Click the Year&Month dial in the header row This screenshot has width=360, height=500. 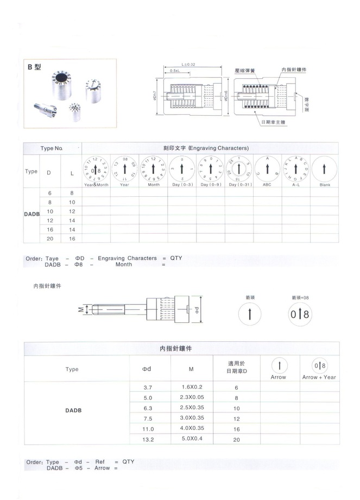pos(96,169)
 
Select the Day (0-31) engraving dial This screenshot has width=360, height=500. pos(238,169)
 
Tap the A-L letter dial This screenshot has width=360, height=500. pos(296,169)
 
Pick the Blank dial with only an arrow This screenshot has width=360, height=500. pos(325,169)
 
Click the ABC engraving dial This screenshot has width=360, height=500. pos(267,169)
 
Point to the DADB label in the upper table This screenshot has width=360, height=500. pos(32,214)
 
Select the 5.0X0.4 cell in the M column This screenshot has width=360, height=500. pos(192,439)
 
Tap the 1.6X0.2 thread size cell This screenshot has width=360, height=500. pos(192,387)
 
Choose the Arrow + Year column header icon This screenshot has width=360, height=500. pos(319,366)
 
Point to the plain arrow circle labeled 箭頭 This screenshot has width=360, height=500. pos(250,314)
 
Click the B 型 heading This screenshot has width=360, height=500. pos(34,67)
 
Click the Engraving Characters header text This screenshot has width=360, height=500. pos(206,148)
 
